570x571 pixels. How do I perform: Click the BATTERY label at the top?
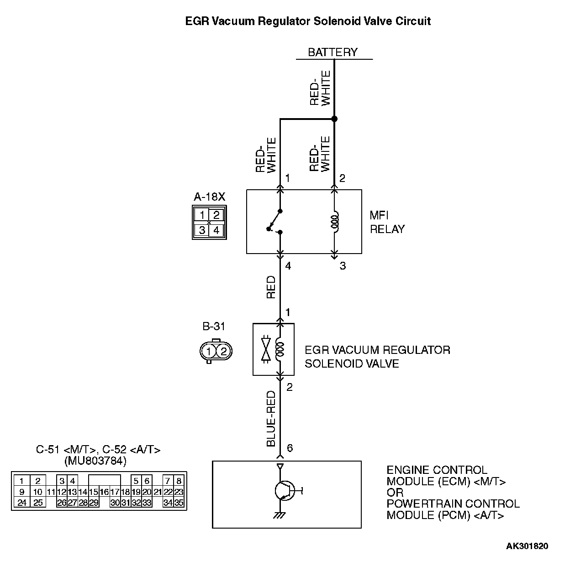[x=332, y=52]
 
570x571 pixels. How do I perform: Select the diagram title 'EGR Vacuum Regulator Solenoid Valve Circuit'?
[x=308, y=21]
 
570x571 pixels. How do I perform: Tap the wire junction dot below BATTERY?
[x=334, y=119]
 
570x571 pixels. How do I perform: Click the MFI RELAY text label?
[x=387, y=222]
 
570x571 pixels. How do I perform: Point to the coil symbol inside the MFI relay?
[x=335, y=222]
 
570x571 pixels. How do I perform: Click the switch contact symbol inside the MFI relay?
[x=275, y=222]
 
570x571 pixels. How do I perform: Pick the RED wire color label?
[x=271, y=287]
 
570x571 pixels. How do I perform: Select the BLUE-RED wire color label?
[x=271, y=418]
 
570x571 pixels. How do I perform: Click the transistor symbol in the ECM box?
[x=284, y=491]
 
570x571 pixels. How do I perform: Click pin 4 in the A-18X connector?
[x=216, y=230]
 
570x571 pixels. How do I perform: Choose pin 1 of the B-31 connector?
[x=209, y=351]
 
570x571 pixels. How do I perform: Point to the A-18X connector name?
[x=209, y=197]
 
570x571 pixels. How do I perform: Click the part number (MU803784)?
[x=95, y=461]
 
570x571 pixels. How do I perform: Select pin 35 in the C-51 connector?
[x=179, y=503]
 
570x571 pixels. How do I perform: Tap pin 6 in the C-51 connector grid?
[x=147, y=481]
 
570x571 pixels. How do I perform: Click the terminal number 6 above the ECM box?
[x=290, y=448]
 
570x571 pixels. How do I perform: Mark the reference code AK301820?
[x=527, y=546]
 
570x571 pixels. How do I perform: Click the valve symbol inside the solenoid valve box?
[x=265, y=350]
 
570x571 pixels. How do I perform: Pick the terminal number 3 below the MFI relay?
[x=343, y=265]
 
